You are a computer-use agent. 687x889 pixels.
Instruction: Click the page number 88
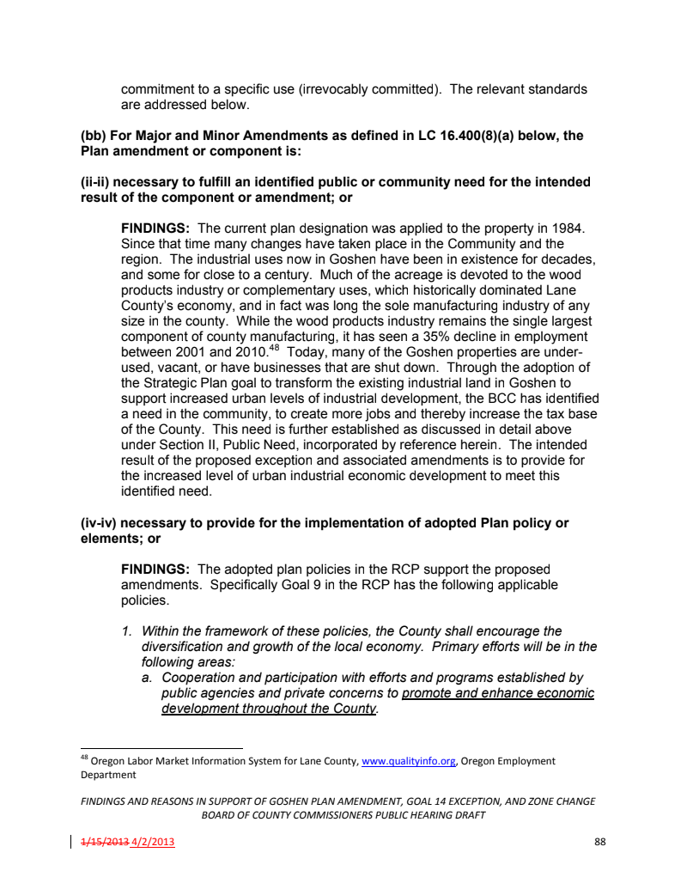(599, 842)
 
